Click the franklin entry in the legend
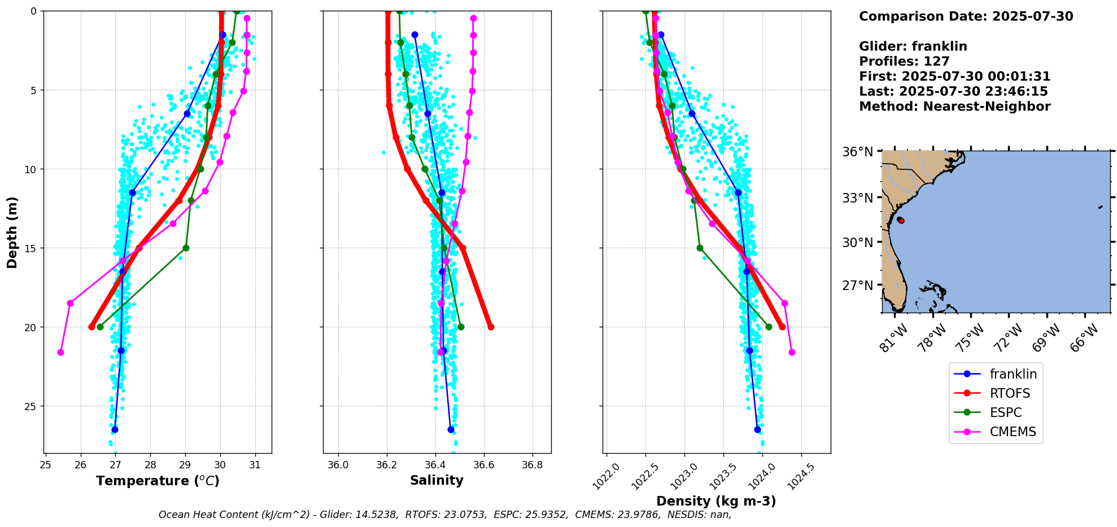[x=1013, y=374]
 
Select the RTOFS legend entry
[x=1010, y=393]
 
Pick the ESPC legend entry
[x=1005, y=412]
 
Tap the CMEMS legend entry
[x=1013, y=432]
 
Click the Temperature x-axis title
[x=158, y=481]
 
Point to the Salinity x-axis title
[x=437, y=480]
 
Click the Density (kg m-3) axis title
[x=715, y=501]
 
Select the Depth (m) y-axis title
[x=12, y=232]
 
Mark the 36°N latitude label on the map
[x=857, y=152]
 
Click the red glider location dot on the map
[x=901, y=221]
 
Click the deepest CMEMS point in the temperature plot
[x=60, y=352]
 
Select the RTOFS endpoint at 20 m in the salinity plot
[x=491, y=327]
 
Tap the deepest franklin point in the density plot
[x=757, y=429]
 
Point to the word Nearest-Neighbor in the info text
[x=987, y=107]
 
